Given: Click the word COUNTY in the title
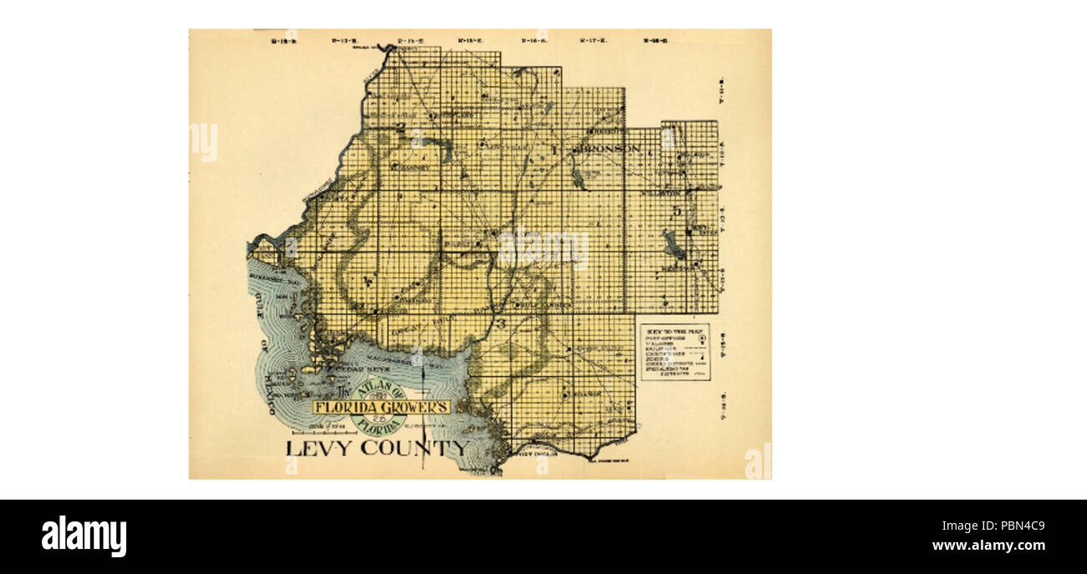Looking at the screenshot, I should click(414, 448).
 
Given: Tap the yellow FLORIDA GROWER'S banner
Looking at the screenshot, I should click(382, 407).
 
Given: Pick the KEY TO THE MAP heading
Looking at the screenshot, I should click(675, 329).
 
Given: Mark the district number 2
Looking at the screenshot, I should click(401, 128).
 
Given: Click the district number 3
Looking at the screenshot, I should click(502, 323).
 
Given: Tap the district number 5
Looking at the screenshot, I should click(676, 211).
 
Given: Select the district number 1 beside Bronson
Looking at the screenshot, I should click(554, 150).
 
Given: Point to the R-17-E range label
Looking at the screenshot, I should click(594, 39).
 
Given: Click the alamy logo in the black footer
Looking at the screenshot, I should click(84, 536).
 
